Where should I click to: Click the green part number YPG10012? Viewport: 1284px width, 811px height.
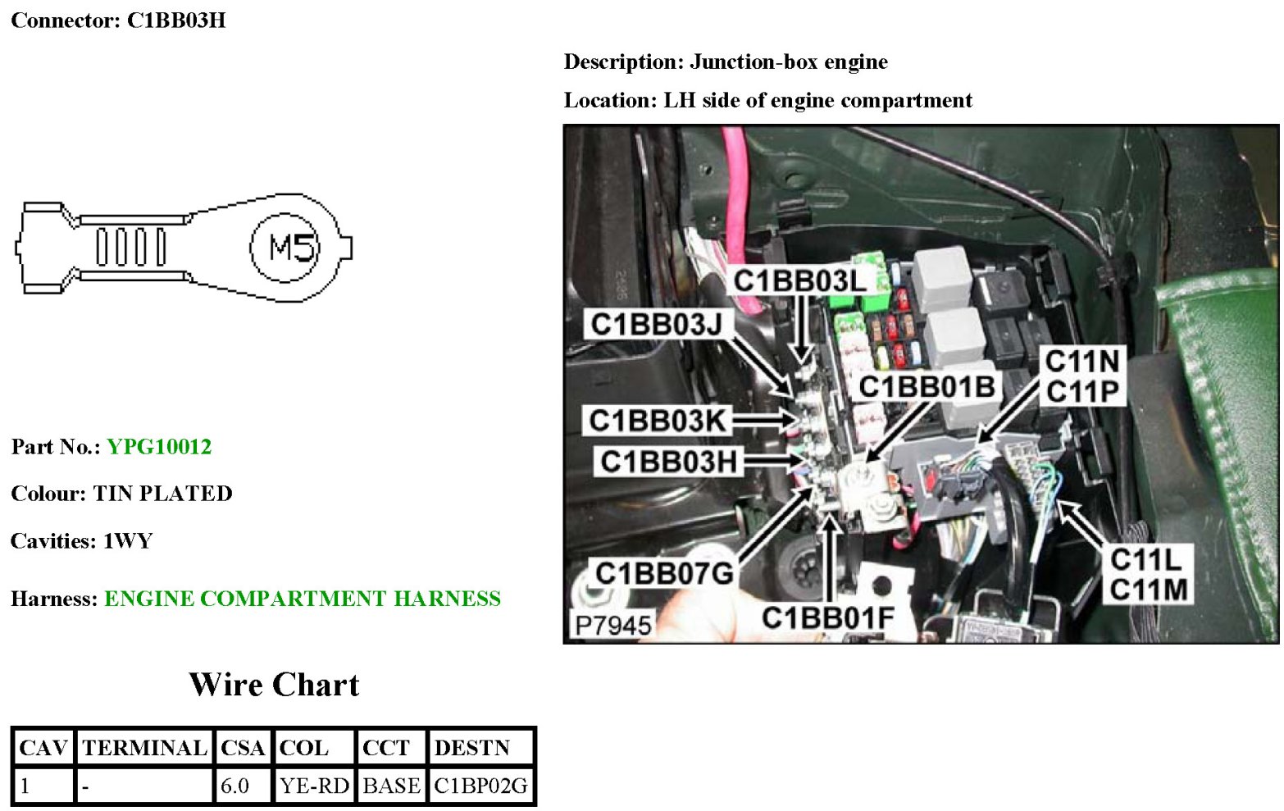159,447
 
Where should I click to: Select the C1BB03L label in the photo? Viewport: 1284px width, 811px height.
799,281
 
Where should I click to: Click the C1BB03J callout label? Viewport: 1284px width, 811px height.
656,325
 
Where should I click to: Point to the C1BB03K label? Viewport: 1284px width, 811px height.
657,421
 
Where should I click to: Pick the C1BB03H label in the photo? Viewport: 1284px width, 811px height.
668,462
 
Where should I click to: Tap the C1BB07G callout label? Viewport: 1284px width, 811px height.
663,573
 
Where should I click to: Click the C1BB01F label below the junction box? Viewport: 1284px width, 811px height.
827,618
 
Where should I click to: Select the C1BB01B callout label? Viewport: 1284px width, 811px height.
927,386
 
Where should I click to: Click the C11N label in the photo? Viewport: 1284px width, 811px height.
1082,361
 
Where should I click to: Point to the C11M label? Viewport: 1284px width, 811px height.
1148,590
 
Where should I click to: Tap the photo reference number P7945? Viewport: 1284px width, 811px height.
612,626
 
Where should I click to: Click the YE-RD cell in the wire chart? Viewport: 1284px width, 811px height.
314,786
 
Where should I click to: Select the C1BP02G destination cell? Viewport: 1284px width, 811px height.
480,786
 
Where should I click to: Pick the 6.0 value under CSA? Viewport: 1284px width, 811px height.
235,786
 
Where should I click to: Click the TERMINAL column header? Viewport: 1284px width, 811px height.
144,748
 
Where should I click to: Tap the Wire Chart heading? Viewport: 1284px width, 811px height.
274,685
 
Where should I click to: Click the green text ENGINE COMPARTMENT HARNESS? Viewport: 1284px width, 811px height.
302,599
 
